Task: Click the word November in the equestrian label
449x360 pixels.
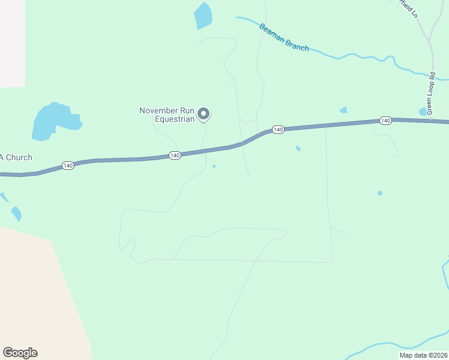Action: [x=158, y=110]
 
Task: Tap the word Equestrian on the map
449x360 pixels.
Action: [x=175, y=119]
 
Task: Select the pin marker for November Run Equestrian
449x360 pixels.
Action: [x=203, y=113]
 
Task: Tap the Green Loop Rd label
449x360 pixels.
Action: [x=431, y=94]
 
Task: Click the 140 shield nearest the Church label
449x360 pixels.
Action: [x=68, y=165]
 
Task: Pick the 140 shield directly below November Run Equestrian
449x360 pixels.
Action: [x=175, y=155]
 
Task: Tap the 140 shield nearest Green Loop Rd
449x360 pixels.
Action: [x=385, y=121]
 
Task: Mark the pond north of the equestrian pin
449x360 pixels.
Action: [x=203, y=16]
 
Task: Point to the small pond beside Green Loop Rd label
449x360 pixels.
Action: [x=423, y=112]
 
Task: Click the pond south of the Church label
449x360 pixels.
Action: [x=16, y=213]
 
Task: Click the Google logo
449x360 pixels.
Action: [x=20, y=353]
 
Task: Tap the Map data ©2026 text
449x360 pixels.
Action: [x=423, y=355]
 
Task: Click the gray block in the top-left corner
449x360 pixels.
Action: [x=12, y=42]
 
